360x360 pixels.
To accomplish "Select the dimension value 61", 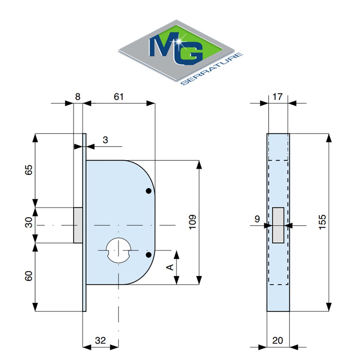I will tap(118, 96).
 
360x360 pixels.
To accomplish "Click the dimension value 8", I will tap(78, 96).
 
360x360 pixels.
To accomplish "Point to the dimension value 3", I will tap(105, 140).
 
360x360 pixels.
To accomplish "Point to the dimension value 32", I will tap(100, 340).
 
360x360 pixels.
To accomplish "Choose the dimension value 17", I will tap(278, 96).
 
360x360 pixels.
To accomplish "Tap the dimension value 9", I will tap(257, 218).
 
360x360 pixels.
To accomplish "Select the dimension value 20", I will tap(278, 340).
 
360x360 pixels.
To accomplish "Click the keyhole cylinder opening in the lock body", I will tap(118, 249).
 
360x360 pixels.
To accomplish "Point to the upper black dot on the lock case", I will tap(148, 191).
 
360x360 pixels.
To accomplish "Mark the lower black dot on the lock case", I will tap(148, 255).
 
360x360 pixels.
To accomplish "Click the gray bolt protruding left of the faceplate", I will tap(78, 225).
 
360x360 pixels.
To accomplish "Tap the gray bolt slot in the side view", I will tap(278, 225).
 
